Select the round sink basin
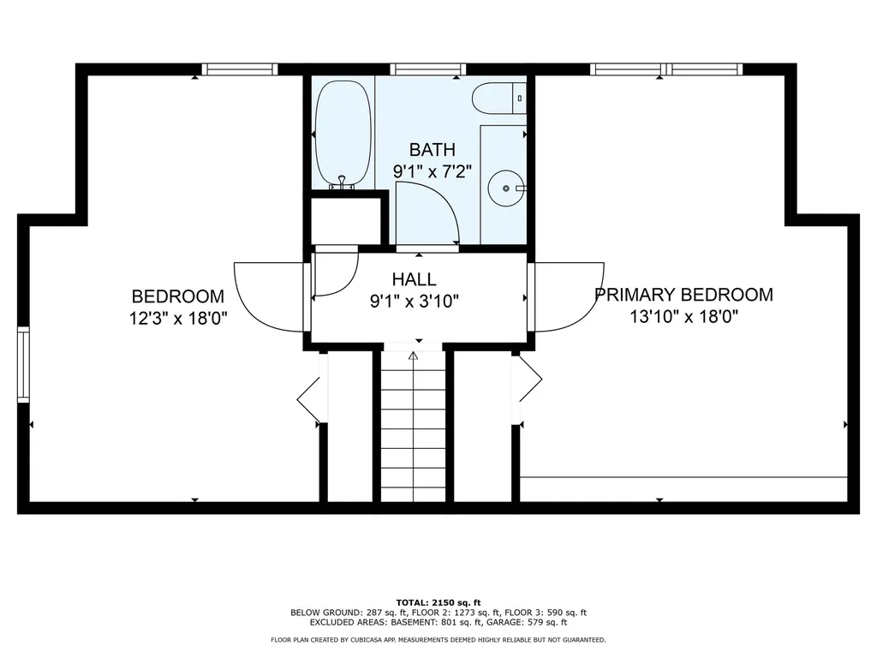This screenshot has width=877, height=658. click(506, 188)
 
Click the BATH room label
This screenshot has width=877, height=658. click(432, 150)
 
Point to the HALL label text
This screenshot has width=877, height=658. click(414, 279)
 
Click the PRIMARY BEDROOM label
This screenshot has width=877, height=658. click(683, 295)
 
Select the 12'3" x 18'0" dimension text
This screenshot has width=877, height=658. click(178, 319)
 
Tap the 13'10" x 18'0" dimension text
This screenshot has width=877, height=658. click(683, 317)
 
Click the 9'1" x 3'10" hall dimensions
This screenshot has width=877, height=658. click(414, 302)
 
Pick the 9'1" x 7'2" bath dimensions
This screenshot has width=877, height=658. click(432, 171)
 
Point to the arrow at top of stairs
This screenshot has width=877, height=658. click(414, 356)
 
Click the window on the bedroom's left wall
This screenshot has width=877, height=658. click(23, 365)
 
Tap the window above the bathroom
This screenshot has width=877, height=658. click(428, 69)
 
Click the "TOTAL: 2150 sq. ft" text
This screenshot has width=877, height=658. click(438, 602)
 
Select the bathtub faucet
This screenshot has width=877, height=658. click(343, 182)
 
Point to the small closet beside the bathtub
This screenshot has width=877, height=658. click(346, 220)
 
